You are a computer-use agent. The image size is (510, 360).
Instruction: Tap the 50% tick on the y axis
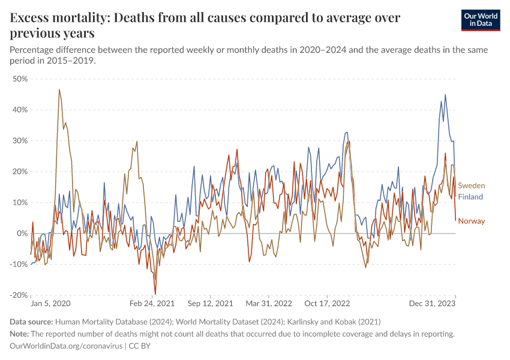point(20,79)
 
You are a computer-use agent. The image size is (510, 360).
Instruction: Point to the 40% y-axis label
point(20,110)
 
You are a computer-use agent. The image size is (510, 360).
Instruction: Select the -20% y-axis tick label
point(19,295)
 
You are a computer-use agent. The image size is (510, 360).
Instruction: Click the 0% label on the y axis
point(23,233)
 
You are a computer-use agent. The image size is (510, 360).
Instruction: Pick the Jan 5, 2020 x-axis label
point(50,304)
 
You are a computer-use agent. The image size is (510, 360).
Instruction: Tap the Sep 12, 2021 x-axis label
point(210,304)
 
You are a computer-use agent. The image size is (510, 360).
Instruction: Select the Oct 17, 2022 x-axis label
point(328,304)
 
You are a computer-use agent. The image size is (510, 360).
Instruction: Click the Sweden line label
point(472,186)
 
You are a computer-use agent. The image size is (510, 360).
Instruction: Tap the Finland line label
point(470,197)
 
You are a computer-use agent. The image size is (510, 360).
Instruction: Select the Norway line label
point(472,221)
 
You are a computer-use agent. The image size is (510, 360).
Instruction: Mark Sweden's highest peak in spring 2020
point(59,90)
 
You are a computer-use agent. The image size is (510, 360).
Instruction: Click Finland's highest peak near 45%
point(445,95)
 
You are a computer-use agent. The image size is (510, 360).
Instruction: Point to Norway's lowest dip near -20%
point(155,293)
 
